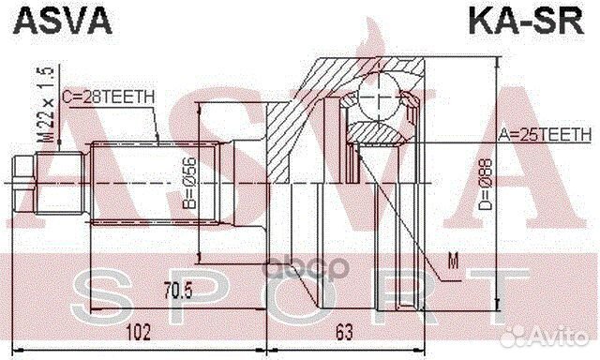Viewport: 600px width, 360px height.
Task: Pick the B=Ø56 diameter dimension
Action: (x=188, y=183)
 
